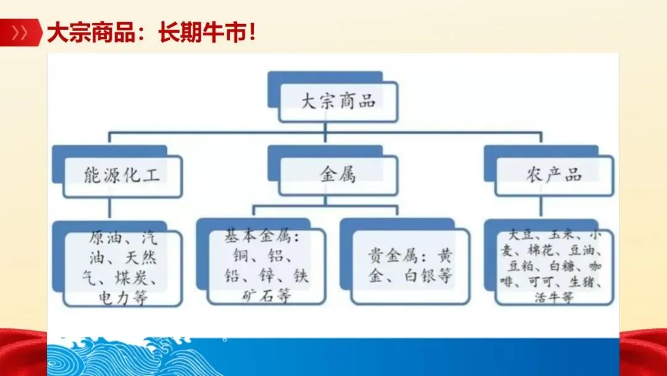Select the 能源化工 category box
tap(122, 175)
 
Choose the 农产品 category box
tap(554, 175)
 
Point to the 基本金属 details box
tap(266, 266)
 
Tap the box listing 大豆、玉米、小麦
tap(554, 266)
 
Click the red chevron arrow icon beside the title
tap(20, 33)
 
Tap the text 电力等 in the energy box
tap(124, 299)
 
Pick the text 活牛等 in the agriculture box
tap(554, 297)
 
